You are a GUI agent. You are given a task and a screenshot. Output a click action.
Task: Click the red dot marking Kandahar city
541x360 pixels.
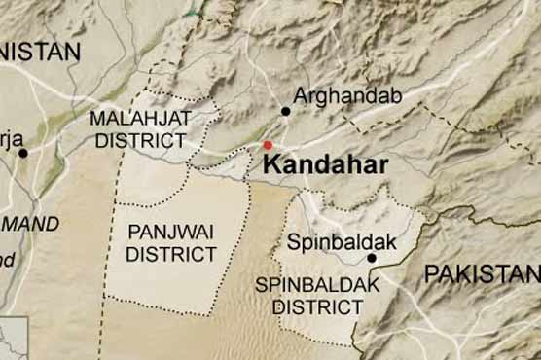268,145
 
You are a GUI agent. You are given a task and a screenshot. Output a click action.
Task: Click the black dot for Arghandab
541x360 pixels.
286,111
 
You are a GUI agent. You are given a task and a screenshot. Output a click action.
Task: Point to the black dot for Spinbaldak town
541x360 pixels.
371,258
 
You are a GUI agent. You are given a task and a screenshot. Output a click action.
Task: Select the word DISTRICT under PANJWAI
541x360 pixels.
172,254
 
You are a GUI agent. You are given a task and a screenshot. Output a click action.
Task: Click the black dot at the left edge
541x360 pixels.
23,153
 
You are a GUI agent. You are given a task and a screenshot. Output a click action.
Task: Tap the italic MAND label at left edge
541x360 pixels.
29,223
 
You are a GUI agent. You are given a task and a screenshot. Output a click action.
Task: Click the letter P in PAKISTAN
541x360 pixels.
431,274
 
